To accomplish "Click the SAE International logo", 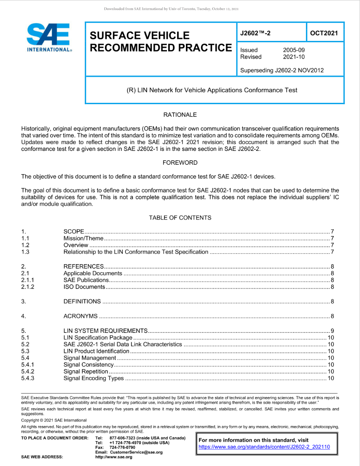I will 49,37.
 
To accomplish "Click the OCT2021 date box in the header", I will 324,33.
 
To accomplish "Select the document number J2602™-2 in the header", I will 258,33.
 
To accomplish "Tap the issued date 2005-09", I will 294,50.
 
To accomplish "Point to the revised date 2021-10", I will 294,57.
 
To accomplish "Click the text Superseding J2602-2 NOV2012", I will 282,70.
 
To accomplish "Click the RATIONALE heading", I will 180,115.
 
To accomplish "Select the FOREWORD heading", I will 180,162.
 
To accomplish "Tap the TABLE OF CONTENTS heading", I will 180,217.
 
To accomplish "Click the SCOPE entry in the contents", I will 74,232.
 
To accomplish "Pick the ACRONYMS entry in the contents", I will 81,316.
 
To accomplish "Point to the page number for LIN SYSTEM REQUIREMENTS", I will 332,330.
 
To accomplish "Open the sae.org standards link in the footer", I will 264,447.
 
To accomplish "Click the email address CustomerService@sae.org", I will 135,452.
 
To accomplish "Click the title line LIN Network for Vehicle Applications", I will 212,90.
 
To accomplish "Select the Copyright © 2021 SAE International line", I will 54,420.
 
